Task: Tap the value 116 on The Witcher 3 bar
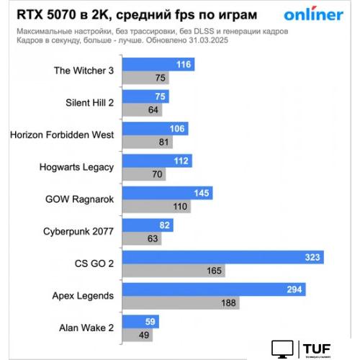click(183, 65)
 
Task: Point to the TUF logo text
click(317, 348)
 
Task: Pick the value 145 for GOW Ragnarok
click(203, 193)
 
